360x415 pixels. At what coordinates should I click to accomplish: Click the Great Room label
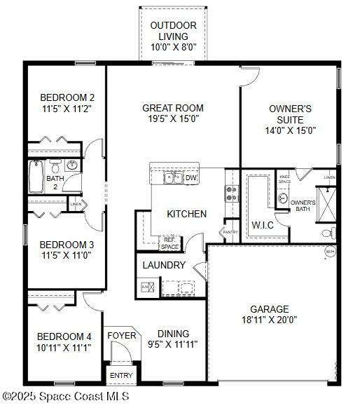(x=173, y=108)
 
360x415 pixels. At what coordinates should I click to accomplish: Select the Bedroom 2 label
(x=67, y=97)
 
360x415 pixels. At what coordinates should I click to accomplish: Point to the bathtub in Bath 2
(x=36, y=177)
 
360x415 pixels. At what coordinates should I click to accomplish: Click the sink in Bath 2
(x=71, y=166)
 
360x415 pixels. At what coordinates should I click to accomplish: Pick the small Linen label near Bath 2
(x=76, y=204)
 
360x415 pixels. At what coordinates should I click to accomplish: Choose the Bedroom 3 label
(x=67, y=245)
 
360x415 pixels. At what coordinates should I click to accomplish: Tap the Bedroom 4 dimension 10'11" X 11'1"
(x=64, y=347)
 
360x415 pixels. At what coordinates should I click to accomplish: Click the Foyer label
(x=121, y=336)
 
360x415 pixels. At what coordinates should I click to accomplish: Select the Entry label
(x=121, y=376)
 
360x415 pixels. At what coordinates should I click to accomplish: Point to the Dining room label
(x=173, y=334)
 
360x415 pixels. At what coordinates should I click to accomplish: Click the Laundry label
(x=164, y=265)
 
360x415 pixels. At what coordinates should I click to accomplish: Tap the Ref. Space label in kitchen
(x=170, y=243)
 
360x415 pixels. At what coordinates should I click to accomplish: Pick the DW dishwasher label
(x=191, y=178)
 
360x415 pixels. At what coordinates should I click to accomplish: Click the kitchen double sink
(x=173, y=177)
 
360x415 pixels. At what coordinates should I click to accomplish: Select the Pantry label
(x=230, y=231)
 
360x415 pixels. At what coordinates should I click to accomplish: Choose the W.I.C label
(x=263, y=225)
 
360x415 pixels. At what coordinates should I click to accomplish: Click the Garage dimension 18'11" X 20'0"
(x=270, y=320)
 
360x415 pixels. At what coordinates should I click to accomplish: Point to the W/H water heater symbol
(x=330, y=251)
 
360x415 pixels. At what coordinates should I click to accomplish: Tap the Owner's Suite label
(x=290, y=114)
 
